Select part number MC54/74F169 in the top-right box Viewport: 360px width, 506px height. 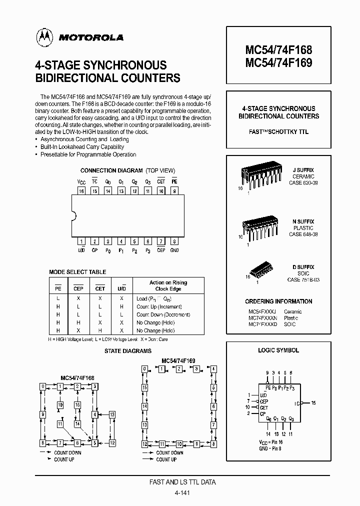278,62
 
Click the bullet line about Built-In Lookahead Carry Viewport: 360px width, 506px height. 82,147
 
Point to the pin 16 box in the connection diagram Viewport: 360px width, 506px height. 81,190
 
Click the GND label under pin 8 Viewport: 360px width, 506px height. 174,250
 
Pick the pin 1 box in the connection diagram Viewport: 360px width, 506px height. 81,241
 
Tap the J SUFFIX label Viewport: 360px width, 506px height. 303,170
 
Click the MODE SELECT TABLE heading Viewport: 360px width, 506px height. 77,272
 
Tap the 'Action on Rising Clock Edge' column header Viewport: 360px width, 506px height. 168,285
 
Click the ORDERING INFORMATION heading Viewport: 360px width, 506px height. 278,301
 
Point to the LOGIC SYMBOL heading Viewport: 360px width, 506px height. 278,350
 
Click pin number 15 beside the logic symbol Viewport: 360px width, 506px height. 313,402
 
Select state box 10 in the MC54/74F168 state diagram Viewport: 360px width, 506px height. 60,405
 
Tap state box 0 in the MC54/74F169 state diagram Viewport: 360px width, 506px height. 144,368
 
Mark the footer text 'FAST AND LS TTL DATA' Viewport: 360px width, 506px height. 182,482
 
